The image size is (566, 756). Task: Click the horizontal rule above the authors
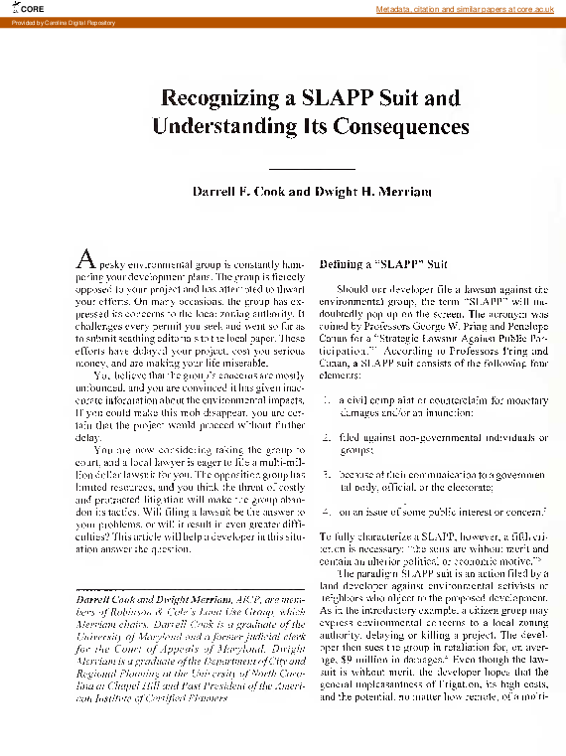(297, 171)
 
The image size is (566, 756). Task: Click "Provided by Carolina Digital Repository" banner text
(50, 21)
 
